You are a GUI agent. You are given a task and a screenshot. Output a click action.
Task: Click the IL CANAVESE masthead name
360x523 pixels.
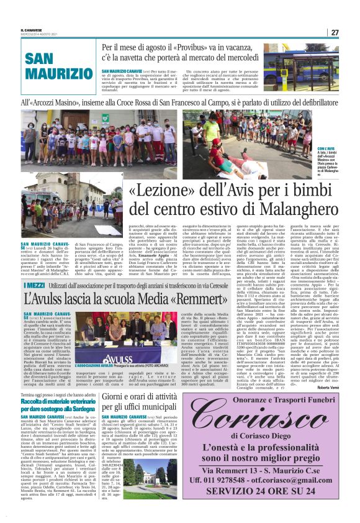[31, 29]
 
